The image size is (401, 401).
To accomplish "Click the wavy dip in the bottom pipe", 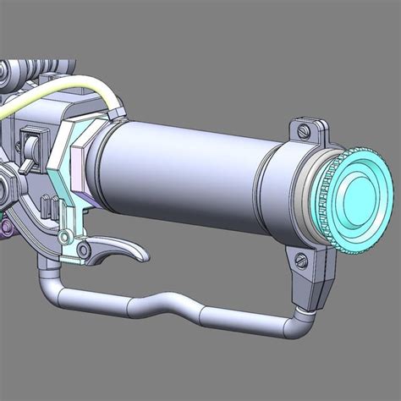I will coord(169,303).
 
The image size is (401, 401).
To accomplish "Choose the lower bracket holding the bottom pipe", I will coord(309,275).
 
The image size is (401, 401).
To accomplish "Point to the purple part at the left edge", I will coord(7,226).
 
